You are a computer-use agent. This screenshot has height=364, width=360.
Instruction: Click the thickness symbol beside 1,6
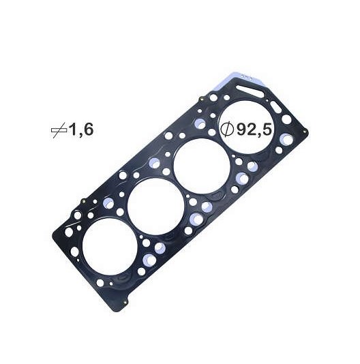59,130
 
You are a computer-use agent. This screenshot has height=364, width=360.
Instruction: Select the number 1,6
81,130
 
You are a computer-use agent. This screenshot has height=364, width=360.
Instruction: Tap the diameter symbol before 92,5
227,129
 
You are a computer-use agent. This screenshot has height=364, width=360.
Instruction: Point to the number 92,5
254,130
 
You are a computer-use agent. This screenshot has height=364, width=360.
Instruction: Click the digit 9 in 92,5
241,130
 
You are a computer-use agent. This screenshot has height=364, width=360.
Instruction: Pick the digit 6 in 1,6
88,130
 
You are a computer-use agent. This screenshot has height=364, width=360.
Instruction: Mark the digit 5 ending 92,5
267,130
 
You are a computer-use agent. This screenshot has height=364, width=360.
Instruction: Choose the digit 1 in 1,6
73,130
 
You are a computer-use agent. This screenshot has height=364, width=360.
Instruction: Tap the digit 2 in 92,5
252,130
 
